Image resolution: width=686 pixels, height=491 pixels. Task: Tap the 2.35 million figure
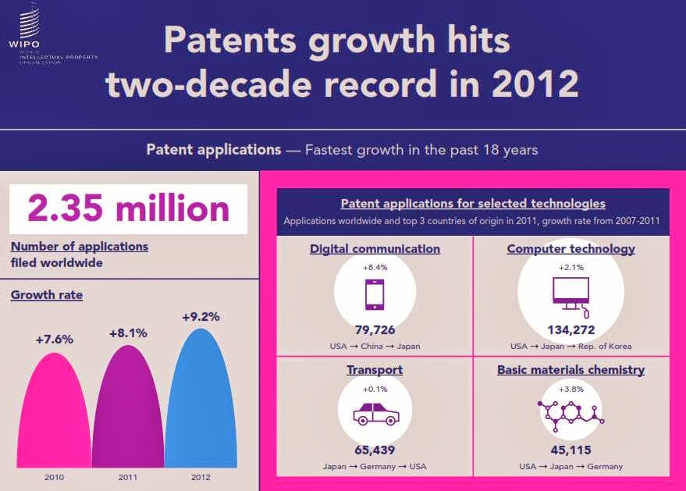click(x=128, y=208)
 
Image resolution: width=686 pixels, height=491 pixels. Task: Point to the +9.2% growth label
click(x=201, y=317)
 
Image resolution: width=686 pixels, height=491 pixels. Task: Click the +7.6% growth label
click(x=54, y=340)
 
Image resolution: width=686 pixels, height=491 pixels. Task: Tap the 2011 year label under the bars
click(x=127, y=477)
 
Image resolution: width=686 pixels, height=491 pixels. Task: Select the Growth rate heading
click(x=47, y=295)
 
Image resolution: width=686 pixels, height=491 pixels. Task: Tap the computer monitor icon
click(x=570, y=294)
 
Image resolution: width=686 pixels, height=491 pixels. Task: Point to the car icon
click(x=375, y=413)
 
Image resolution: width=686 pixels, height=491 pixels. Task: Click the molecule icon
click(x=570, y=412)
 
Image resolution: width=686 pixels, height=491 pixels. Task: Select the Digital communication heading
click(x=375, y=249)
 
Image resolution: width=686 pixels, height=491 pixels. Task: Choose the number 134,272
click(x=570, y=330)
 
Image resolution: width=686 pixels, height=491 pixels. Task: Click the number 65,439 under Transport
click(x=375, y=450)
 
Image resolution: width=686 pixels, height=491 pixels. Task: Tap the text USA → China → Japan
click(x=375, y=346)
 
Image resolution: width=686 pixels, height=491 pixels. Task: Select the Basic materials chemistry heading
click(x=570, y=369)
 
